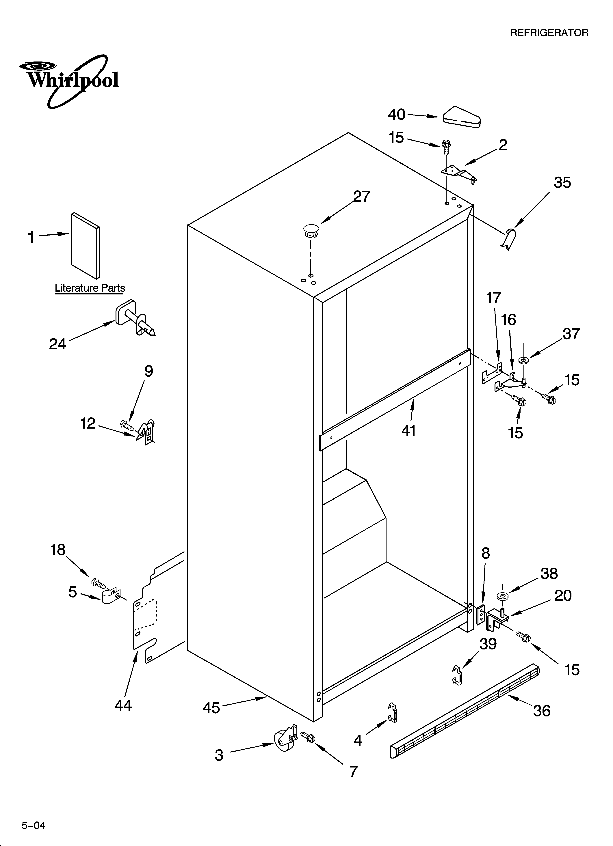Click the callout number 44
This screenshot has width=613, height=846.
[123, 705]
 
